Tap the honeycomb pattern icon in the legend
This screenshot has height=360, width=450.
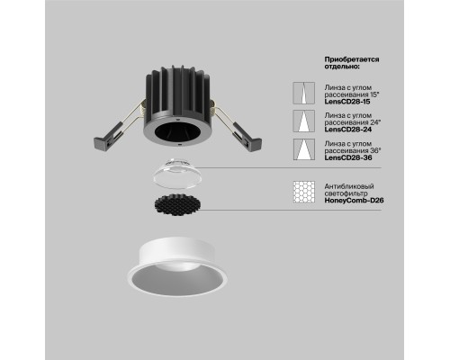click(x=303, y=190)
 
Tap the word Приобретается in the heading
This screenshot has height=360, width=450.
click(x=348, y=58)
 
